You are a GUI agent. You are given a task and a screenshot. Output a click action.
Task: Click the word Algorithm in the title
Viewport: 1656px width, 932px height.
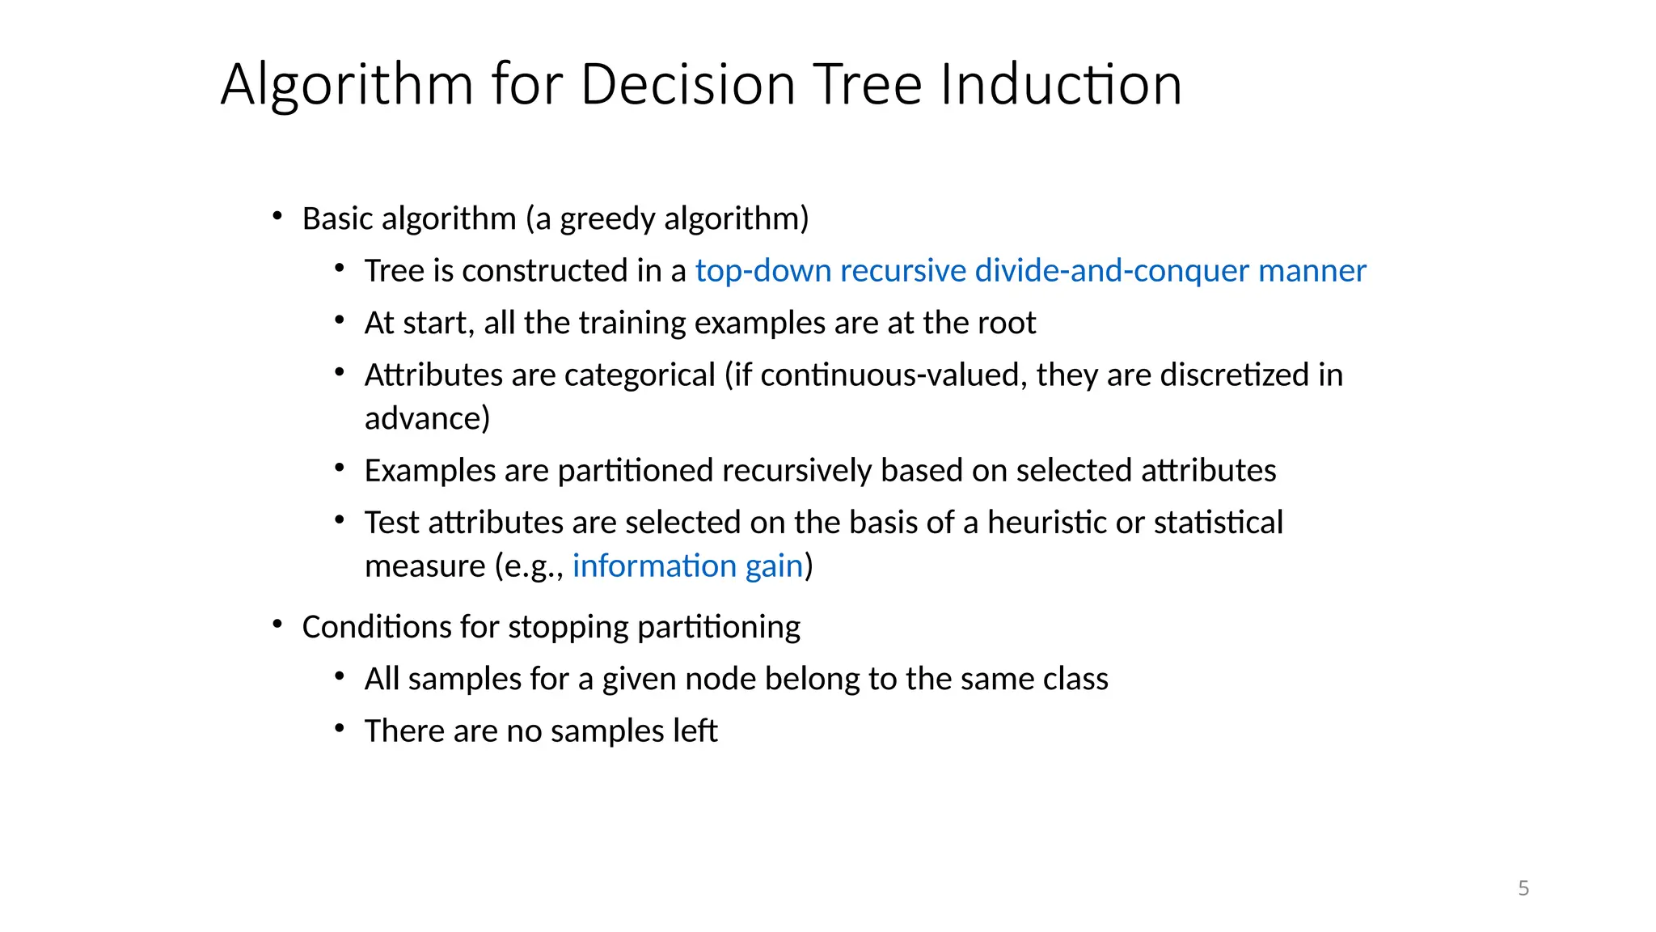[347, 85]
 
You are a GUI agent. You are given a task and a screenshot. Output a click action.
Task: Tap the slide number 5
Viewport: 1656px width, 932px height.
[1523, 888]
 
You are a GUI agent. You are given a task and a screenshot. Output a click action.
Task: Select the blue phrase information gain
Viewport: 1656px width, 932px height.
[687, 566]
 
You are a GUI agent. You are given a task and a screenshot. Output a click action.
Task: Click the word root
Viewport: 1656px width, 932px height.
[1007, 323]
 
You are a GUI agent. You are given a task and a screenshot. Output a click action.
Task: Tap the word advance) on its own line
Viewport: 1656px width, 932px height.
[427, 419]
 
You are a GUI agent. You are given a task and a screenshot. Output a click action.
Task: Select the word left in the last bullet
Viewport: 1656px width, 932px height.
[695, 731]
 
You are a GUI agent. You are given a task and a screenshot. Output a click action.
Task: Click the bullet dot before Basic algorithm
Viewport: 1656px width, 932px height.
[277, 217]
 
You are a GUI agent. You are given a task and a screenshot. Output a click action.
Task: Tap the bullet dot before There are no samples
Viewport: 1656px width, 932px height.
[340, 729]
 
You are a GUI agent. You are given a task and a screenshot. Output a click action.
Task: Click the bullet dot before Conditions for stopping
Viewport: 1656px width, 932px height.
[277, 625]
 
